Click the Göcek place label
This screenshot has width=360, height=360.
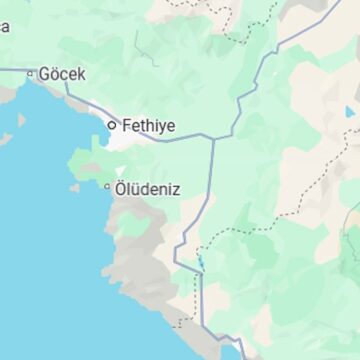63,74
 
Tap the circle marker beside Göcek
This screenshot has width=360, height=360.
31,73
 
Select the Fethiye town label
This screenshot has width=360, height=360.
149,126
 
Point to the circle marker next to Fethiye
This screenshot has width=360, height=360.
112,125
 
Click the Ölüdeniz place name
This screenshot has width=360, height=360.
147,187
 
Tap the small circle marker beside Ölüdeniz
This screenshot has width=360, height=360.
107,186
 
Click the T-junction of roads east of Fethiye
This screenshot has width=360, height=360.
213,138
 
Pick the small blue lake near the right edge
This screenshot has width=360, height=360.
349,112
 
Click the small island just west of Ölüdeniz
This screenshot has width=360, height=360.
75,187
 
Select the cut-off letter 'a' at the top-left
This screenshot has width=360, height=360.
5,27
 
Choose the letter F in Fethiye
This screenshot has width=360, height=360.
126,126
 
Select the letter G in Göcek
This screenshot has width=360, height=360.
45,74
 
